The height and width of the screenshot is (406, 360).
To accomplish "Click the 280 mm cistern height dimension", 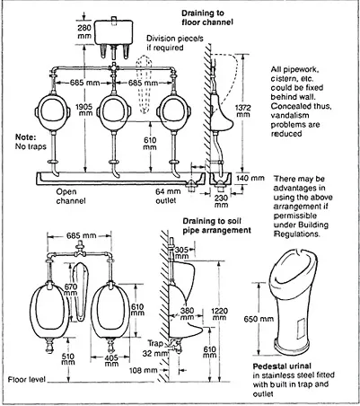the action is [x=84, y=31].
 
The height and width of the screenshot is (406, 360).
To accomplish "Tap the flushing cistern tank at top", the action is [x=114, y=32].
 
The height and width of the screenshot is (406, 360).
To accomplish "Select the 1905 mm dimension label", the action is [x=84, y=110].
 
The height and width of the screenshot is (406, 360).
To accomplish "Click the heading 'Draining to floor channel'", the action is [x=207, y=17].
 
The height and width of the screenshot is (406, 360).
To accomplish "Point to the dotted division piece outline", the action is [x=144, y=84].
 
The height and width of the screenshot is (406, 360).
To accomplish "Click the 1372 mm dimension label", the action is [x=243, y=111].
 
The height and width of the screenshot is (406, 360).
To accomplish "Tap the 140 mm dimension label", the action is [x=250, y=178].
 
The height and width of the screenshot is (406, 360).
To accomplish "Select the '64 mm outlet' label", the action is [x=168, y=196].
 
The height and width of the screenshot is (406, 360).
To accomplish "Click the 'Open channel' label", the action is [x=71, y=196].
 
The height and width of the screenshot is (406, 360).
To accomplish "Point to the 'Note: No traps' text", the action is [x=31, y=142].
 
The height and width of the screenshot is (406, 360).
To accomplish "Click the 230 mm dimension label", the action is [x=222, y=201].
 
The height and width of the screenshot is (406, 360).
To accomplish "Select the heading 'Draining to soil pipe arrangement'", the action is [x=216, y=225].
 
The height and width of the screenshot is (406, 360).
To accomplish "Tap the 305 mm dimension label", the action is [x=182, y=252].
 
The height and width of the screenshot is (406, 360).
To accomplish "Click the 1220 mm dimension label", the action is [x=219, y=313].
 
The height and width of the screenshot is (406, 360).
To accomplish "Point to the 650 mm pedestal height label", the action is [x=259, y=319].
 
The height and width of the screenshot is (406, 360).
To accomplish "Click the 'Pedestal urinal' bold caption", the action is [x=282, y=366].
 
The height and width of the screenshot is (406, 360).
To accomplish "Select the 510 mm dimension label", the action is [x=68, y=359].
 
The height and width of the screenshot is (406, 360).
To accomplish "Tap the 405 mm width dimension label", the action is [x=111, y=361].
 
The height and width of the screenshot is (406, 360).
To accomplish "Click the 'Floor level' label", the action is [x=27, y=380].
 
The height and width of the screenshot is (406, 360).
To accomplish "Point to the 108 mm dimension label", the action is [x=143, y=370].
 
